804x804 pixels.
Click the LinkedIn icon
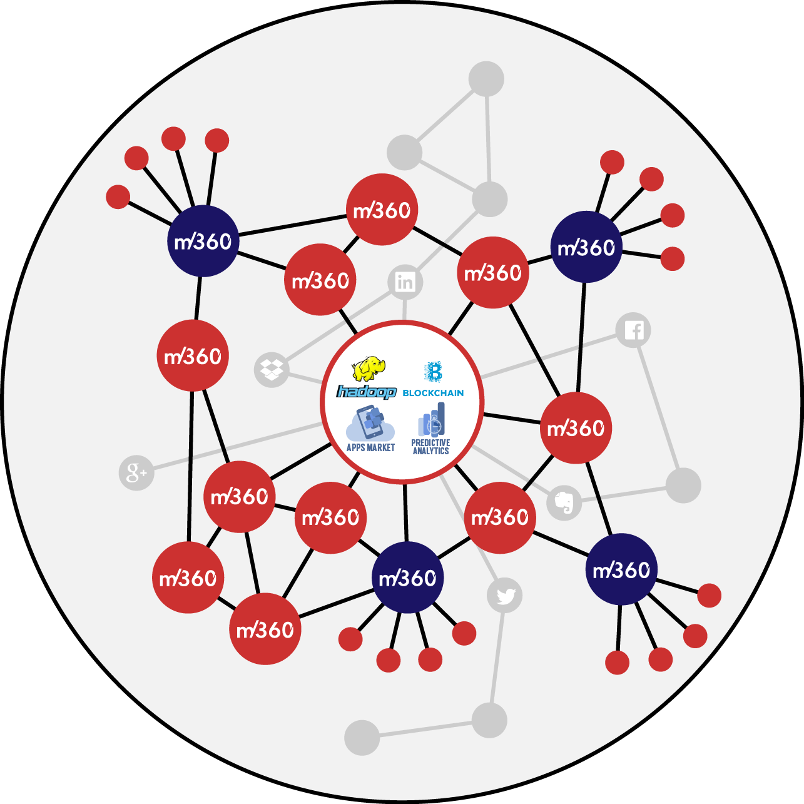(x=405, y=282)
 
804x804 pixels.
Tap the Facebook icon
(x=633, y=330)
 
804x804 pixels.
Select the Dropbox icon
(x=272, y=369)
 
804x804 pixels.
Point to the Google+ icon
(x=136, y=472)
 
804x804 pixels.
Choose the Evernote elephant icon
(x=564, y=502)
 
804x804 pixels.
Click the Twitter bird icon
(x=505, y=596)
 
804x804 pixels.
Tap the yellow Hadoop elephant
(x=369, y=369)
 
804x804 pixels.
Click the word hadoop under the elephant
(x=367, y=392)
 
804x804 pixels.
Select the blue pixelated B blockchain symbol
(x=433, y=372)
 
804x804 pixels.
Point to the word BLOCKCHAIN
(x=433, y=393)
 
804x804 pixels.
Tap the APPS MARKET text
(x=370, y=447)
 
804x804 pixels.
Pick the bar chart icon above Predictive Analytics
(x=432, y=420)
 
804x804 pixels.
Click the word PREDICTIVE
(x=430, y=442)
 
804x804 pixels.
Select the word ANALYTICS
(x=430, y=450)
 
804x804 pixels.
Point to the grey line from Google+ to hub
(x=232, y=447)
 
